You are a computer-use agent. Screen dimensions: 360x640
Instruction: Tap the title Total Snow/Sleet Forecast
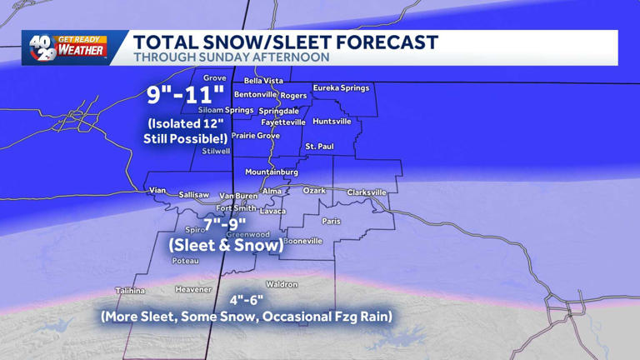click(285, 42)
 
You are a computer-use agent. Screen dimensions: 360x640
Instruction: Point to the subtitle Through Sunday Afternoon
click(231, 57)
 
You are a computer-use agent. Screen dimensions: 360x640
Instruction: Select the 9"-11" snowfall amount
click(186, 94)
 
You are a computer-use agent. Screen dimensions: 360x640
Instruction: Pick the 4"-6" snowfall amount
click(246, 300)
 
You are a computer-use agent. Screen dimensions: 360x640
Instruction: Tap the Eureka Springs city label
click(341, 87)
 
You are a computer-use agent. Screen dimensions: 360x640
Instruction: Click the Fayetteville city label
click(283, 122)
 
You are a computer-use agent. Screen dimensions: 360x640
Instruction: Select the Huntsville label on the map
click(332, 122)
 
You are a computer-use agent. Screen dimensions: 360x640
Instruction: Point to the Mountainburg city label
click(271, 172)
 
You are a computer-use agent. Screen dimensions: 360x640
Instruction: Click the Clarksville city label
click(367, 192)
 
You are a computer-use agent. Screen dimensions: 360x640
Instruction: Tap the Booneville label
click(302, 241)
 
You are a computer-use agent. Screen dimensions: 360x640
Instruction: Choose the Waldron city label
click(282, 284)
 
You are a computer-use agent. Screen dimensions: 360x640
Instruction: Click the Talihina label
click(130, 291)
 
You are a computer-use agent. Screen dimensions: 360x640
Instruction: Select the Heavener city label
click(193, 289)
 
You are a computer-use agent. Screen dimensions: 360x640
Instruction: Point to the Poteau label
click(185, 261)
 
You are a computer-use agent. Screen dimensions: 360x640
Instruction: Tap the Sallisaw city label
click(194, 195)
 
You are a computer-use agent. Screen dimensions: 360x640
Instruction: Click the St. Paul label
click(319, 147)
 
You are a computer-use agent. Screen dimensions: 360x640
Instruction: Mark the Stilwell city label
click(216, 152)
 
